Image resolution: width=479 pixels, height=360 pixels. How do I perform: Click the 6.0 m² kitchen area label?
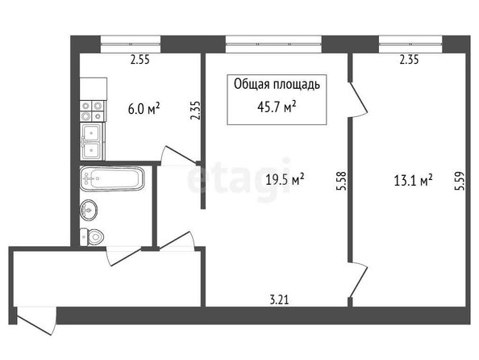144,109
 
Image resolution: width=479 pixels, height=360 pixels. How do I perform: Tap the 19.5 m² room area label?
285,179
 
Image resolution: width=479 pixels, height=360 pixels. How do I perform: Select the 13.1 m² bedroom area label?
413,180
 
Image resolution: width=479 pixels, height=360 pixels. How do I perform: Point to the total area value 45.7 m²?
277,107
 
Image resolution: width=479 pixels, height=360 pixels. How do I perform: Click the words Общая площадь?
277,85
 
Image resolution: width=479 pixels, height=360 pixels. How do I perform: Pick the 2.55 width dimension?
140,60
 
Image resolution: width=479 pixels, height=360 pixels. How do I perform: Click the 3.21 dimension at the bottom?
279,299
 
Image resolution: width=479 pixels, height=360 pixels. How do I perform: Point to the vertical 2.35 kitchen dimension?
195,111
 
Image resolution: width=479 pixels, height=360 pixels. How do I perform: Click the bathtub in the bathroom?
112,179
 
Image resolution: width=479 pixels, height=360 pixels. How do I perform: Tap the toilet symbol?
92,237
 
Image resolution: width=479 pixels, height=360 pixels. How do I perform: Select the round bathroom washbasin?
89,210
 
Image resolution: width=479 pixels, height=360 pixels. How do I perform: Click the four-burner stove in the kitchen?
92,111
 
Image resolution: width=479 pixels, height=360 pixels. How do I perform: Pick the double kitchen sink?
93,141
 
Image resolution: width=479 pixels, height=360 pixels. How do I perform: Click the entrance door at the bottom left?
36,320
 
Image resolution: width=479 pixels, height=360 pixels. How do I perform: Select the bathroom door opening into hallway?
124,257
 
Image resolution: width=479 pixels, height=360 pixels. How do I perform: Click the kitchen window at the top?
131,44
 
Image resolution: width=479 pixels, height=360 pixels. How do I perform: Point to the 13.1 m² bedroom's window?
410,44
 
